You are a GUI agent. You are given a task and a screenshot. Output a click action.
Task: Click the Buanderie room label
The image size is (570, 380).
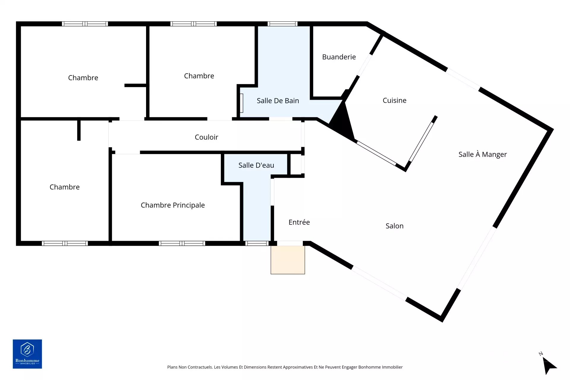click(x=339, y=57)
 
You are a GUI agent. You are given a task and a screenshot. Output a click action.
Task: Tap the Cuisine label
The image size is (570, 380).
click(x=394, y=100)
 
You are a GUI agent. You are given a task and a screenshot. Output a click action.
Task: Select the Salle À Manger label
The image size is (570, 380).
click(x=482, y=154)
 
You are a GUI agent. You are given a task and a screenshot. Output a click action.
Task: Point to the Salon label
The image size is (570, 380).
click(x=394, y=226)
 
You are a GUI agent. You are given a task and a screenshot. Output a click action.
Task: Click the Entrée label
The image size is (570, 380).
click(x=299, y=222)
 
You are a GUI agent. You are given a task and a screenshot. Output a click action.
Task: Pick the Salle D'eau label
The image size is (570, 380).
click(x=256, y=165)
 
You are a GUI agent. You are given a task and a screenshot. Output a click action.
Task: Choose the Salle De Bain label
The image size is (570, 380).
click(x=278, y=101)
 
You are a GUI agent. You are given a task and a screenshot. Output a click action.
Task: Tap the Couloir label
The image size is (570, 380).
click(x=206, y=137)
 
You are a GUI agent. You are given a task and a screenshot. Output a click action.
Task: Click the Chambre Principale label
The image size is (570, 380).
click(x=172, y=205)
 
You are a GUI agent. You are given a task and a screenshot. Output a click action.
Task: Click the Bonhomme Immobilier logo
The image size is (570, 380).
click(x=27, y=354)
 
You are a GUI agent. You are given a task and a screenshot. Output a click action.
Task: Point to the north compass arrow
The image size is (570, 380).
click(x=549, y=365)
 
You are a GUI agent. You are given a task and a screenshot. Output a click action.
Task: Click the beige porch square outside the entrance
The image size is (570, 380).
click(x=288, y=260)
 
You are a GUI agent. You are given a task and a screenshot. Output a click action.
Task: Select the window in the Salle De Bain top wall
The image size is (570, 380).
click(x=282, y=24)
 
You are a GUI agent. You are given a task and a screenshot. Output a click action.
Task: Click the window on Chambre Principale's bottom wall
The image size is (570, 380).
click(x=182, y=243)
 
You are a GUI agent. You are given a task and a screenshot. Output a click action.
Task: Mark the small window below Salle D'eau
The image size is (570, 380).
click(x=257, y=243)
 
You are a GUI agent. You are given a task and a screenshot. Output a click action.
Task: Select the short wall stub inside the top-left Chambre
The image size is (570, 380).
click(x=135, y=85)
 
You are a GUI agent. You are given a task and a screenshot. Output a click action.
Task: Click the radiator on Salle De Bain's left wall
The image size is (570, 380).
click(x=242, y=103)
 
